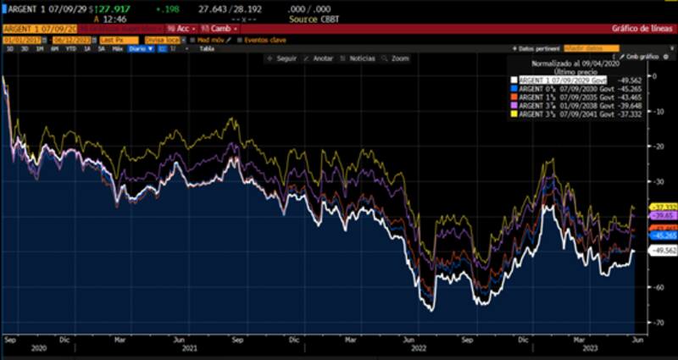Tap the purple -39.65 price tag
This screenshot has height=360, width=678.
661,216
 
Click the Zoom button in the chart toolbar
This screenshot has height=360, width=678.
397,58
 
